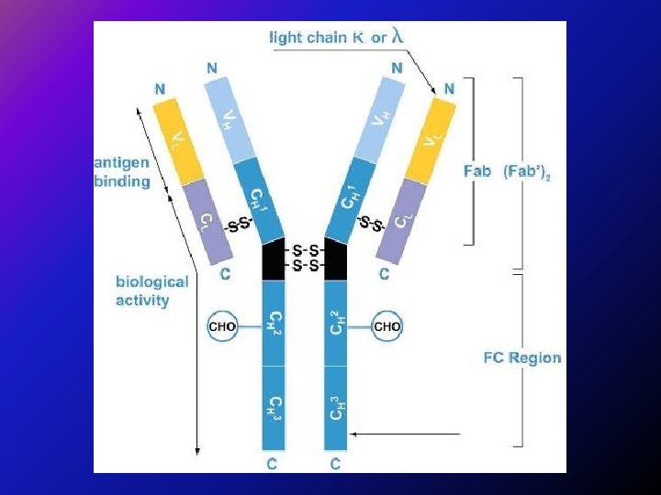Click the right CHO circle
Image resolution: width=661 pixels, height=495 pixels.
[387, 324]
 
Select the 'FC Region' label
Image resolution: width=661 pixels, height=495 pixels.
[521, 357]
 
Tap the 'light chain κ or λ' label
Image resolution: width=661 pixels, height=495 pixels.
[335, 38]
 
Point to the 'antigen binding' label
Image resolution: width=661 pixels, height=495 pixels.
[121, 172]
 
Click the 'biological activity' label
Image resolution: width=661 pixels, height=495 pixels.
[151, 291]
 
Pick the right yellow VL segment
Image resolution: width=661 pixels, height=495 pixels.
[432, 139]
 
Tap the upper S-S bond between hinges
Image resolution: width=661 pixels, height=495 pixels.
[306, 249]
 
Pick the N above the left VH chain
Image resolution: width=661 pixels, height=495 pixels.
[212, 68]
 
